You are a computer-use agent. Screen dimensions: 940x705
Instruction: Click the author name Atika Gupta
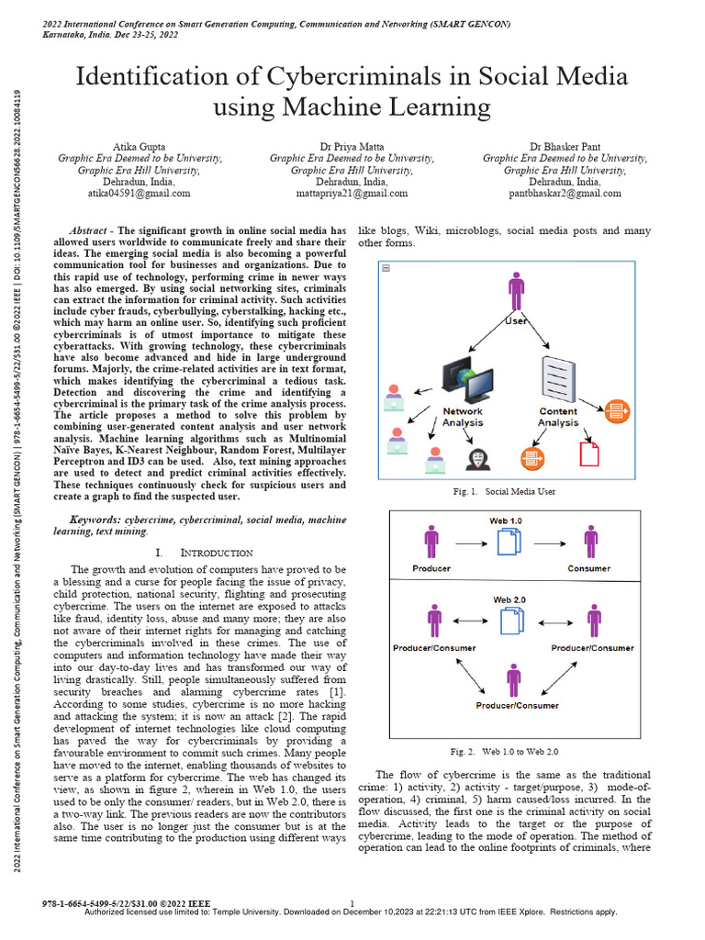(140, 145)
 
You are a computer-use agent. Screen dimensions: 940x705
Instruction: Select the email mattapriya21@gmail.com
(352, 194)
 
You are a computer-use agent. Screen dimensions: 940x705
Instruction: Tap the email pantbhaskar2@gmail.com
(565, 194)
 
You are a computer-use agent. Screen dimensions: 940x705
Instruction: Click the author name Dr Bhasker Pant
(565, 145)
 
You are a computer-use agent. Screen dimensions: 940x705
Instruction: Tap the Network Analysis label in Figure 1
(463, 417)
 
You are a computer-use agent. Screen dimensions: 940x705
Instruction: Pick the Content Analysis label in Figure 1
(558, 417)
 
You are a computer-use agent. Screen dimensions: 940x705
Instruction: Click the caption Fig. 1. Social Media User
(504, 492)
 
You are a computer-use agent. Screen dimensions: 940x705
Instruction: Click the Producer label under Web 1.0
(431, 569)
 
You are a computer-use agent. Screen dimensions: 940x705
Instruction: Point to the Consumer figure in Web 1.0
(590, 542)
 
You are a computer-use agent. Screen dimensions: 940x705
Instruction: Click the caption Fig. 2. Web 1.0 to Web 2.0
(506, 752)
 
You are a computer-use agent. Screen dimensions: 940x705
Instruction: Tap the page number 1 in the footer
(352, 905)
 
